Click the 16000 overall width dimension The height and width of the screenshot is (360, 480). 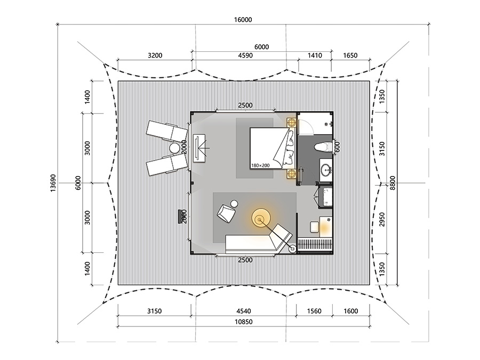click(243, 20)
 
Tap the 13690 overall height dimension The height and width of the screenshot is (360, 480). click(53, 183)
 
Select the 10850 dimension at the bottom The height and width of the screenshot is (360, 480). click(244, 322)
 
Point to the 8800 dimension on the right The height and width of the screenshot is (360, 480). click(393, 183)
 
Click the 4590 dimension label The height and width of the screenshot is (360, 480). click(245, 55)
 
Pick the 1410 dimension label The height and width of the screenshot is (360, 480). click(315, 55)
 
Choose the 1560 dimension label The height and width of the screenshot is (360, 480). click(314, 311)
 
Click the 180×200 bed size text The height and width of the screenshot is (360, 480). click(260, 165)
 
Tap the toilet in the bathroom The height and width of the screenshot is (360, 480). click(323, 147)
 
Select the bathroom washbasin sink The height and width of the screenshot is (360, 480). click(326, 169)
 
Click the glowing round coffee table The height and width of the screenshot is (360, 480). click(261, 218)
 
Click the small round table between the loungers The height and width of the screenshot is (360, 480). click(174, 148)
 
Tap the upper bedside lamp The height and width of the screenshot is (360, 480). click(291, 123)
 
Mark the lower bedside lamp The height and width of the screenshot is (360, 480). click(291, 173)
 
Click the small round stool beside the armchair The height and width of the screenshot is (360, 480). click(234, 204)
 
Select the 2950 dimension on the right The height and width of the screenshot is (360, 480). click(382, 219)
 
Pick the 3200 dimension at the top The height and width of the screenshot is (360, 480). click(155, 55)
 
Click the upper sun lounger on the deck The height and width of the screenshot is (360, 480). click(167, 131)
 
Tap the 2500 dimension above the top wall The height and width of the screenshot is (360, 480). click(245, 105)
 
